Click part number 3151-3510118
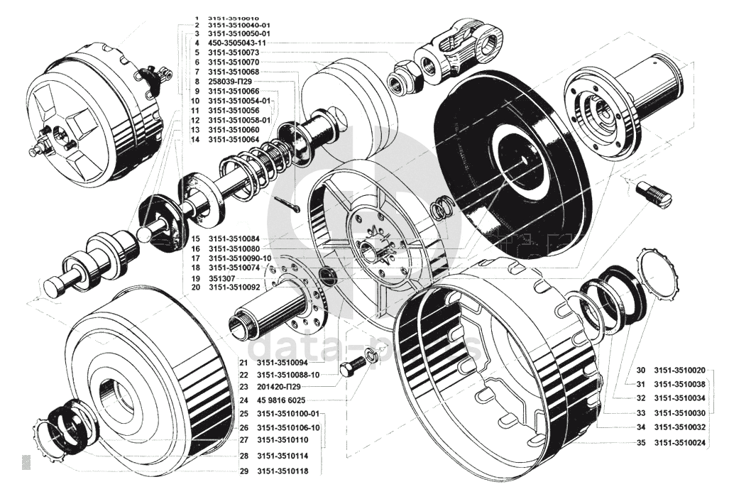tap(283, 471)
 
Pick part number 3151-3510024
tap(679, 442)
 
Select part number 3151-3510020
tap(679, 370)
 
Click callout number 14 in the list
tap(196, 140)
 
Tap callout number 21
tap(242, 362)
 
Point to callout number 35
tap(640, 442)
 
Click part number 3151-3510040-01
tap(239, 25)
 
